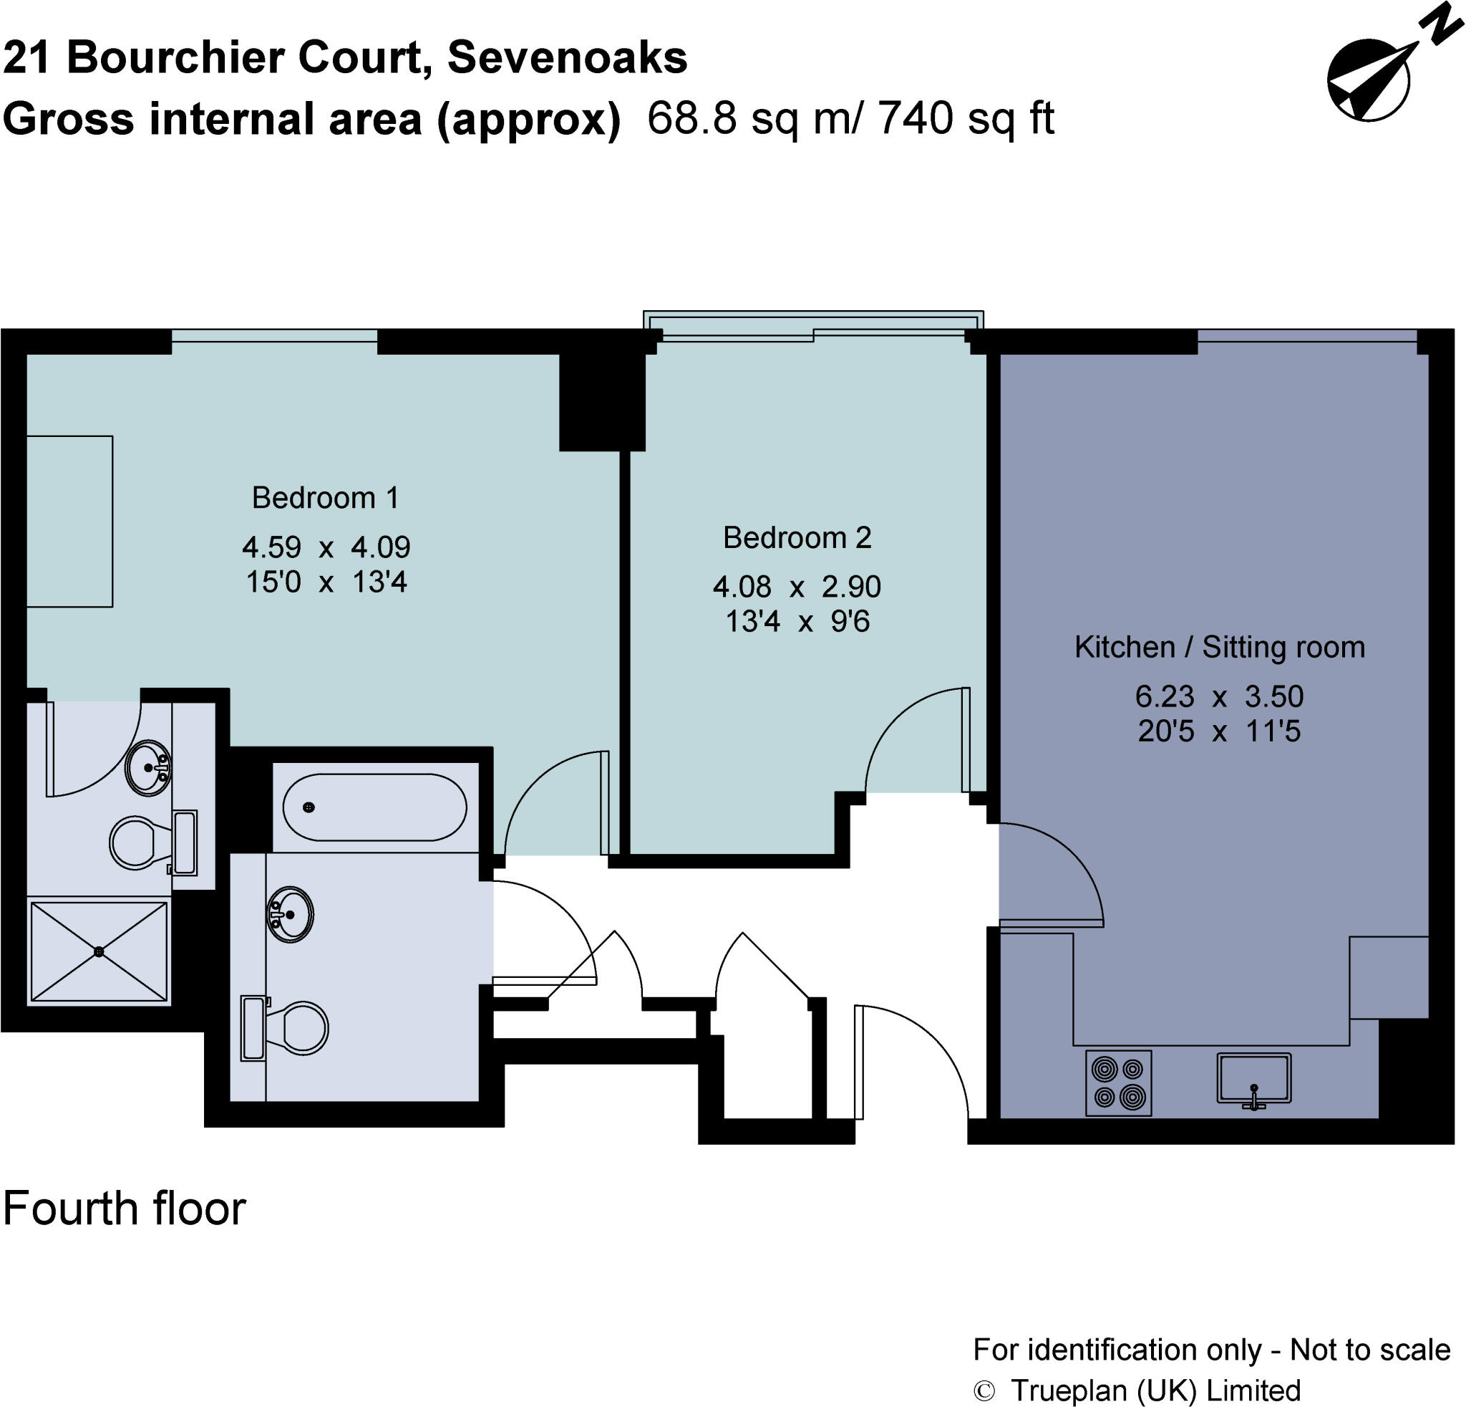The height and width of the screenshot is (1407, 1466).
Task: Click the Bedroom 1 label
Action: click(x=326, y=498)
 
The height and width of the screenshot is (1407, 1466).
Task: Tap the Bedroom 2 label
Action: click(x=797, y=537)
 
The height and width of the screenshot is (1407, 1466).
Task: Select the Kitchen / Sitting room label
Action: click(x=1219, y=648)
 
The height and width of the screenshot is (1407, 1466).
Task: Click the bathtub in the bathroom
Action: click(x=374, y=807)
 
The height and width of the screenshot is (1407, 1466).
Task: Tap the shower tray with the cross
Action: click(x=99, y=951)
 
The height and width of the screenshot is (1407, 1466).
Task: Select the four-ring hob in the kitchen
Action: click(x=1118, y=1083)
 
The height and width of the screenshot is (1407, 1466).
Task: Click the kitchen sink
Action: click(x=1253, y=1078)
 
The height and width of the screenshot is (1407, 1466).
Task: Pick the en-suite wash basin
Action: click(x=149, y=768)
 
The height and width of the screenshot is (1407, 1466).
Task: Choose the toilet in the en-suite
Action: click(x=142, y=842)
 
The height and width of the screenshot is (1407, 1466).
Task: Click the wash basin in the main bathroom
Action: click(x=290, y=914)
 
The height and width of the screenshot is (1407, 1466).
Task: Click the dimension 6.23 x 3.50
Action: click(x=1219, y=697)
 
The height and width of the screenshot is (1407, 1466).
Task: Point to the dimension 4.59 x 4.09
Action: click(x=326, y=547)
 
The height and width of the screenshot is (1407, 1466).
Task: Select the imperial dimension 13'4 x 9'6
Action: click(x=797, y=622)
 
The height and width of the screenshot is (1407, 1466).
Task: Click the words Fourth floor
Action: click(x=124, y=1208)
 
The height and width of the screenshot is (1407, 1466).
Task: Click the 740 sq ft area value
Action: click(x=965, y=118)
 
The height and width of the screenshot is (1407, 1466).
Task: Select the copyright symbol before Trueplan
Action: click(x=984, y=1391)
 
